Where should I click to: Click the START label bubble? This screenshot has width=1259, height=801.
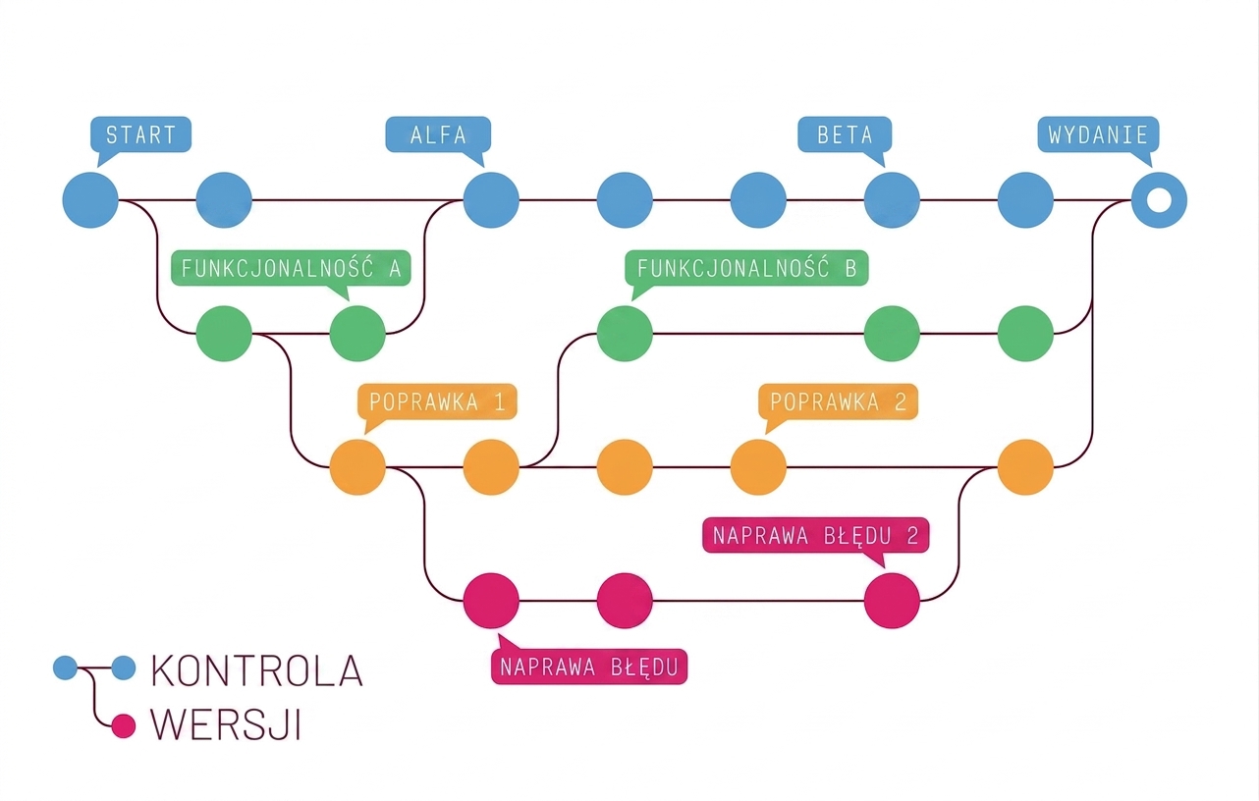coord(140,134)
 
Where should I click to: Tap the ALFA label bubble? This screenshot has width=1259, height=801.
coord(438,134)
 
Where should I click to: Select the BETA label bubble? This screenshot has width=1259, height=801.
coord(845,134)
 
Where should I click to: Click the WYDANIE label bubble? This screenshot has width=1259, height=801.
coord(1098,134)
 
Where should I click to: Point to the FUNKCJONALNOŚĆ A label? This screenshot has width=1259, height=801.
coord(291,269)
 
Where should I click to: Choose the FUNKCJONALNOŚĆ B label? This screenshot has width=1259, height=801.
coord(746,269)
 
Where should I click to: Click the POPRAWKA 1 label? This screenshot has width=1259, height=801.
coord(437,402)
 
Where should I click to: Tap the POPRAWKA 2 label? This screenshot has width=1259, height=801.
coord(838,402)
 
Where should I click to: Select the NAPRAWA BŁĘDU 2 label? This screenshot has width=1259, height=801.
coord(815,535)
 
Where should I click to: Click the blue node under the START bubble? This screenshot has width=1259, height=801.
coord(90,200)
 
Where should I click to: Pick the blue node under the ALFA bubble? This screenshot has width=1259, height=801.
coord(491,200)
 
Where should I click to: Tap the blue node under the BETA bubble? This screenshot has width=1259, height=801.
coord(892,200)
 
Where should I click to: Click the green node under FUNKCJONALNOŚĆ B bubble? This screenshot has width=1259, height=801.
coord(625,334)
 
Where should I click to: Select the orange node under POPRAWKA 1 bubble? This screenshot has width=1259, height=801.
coord(357,467)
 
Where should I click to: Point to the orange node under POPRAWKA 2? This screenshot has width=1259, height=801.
coord(758,467)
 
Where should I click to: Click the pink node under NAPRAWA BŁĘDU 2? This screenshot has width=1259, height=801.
coord(892,601)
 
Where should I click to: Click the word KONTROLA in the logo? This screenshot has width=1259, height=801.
coord(257,670)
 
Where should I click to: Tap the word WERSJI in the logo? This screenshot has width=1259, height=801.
coord(226,724)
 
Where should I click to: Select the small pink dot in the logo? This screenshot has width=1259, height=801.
coord(124,726)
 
